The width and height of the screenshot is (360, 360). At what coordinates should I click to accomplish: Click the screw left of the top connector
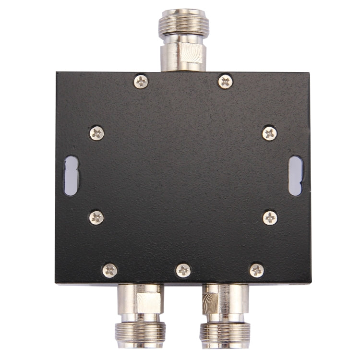[141, 82]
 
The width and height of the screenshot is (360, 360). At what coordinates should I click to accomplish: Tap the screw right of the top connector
[226, 82]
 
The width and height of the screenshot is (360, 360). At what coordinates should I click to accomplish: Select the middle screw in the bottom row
[183, 271]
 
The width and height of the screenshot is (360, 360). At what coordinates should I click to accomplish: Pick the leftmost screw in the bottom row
[110, 271]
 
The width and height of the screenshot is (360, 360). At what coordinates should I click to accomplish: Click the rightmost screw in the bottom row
[257, 271]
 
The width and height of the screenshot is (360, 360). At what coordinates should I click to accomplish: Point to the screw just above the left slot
[97, 133]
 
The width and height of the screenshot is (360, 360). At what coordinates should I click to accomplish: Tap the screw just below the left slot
[97, 217]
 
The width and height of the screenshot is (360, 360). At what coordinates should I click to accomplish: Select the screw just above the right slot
[270, 133]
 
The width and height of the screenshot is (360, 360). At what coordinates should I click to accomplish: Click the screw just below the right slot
[270, 218]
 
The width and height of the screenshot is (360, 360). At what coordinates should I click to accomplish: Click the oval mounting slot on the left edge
[71, 175]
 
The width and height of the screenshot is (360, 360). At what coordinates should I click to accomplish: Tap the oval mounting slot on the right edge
[295, 175]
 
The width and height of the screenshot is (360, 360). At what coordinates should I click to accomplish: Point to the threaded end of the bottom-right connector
[225, 334]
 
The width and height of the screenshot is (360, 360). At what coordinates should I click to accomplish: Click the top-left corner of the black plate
[57, 73]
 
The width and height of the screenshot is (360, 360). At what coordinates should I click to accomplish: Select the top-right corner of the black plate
[309, 73]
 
